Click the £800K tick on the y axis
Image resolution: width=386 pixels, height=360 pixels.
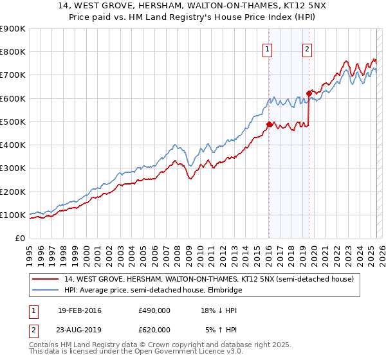pos(13,51)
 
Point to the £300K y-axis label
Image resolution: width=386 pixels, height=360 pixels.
pos(13,168)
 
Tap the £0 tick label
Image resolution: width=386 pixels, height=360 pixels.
pos(20,238)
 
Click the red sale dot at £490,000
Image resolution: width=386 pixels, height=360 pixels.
pos(269,124)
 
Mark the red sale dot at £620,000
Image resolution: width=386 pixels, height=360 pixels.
pos(309,94)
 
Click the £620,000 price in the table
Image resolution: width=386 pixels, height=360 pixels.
pos(154,330)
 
